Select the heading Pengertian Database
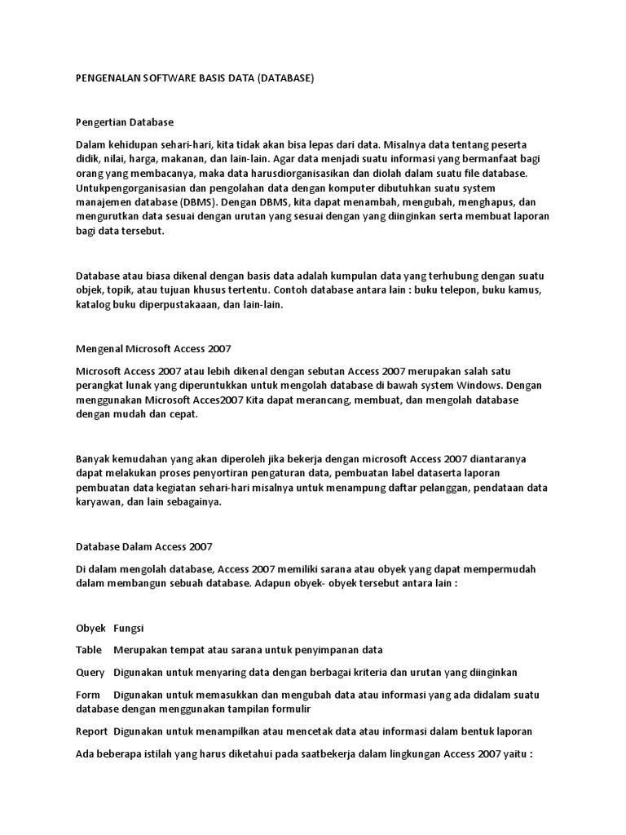[x=124, y=121]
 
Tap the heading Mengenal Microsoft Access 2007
[x=153, y=348]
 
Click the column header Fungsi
[x=129, y=628]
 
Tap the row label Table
[x=88, y=650]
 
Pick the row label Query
[x=90, y=672]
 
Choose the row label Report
[x=91, y=731]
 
